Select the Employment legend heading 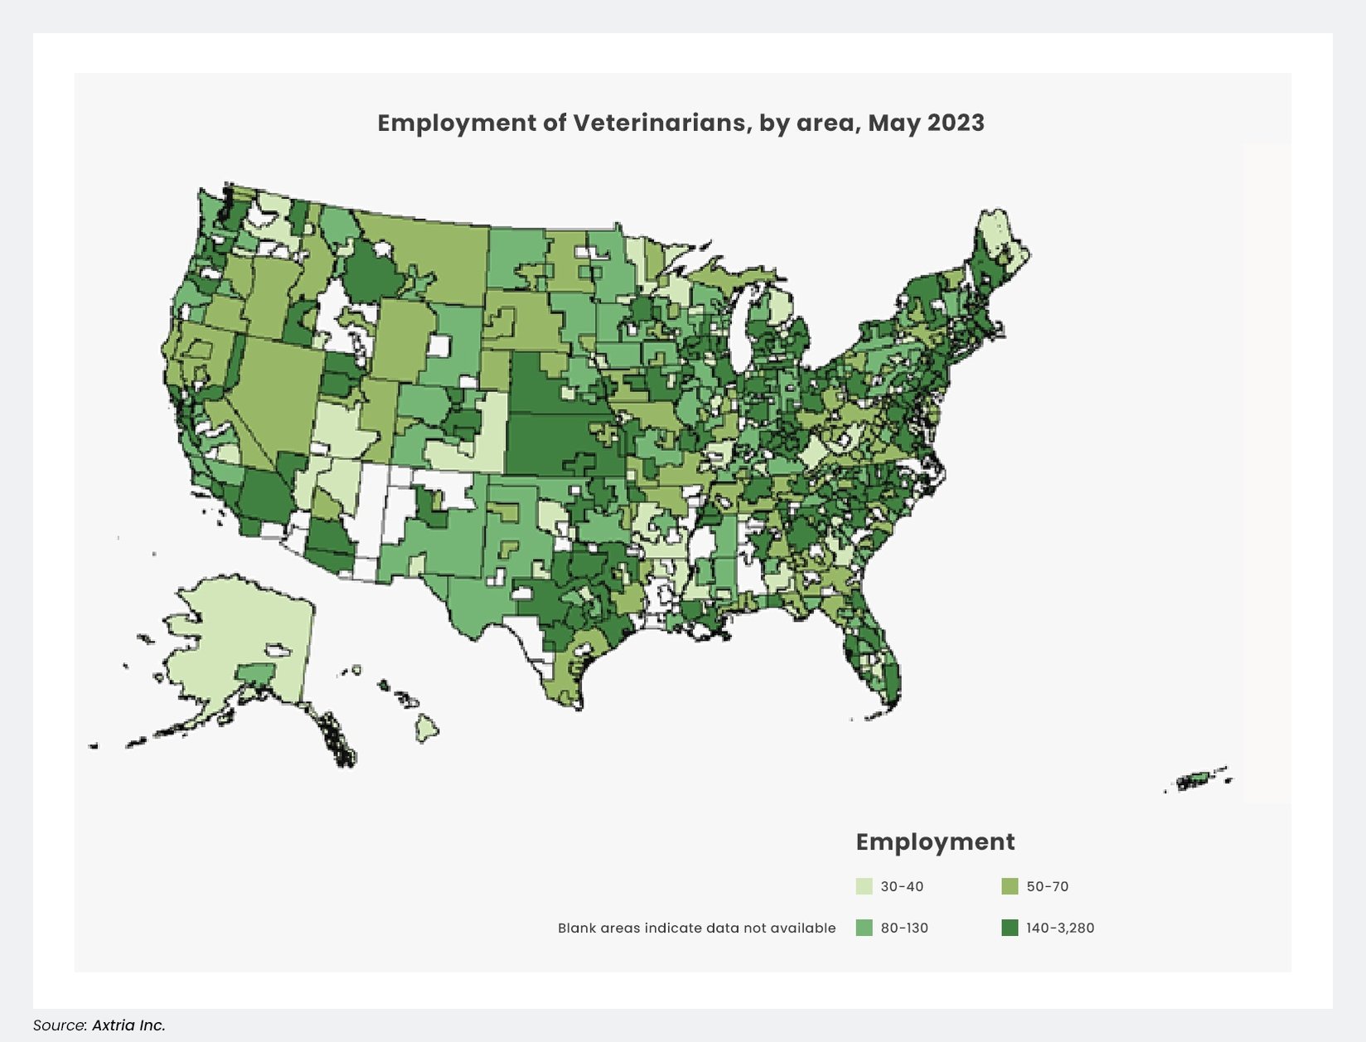[x=935, y=841]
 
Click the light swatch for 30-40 [x=864, y=886]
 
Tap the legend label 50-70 [x=1047, y=886]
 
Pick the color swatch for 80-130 [x=864, y=928]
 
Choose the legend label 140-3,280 [x=1059, y=928]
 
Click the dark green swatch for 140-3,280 [x=1010, y=928]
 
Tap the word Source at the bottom [x=59, y=1025]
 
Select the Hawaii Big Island [x=427, y=730]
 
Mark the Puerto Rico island [x=1196, y=780]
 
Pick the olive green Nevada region [x=282, y=390]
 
